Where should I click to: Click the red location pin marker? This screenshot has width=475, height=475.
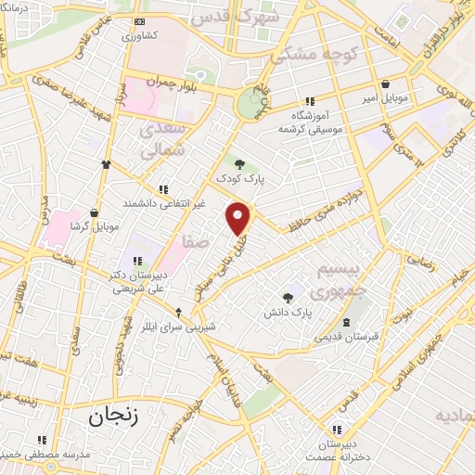click(x=239, y=216)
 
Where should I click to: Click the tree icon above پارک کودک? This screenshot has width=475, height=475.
click(x=239, y=163)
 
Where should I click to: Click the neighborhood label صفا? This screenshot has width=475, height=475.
click(x=194, y=240)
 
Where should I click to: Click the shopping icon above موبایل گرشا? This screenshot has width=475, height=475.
click(x=94, y=212)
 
